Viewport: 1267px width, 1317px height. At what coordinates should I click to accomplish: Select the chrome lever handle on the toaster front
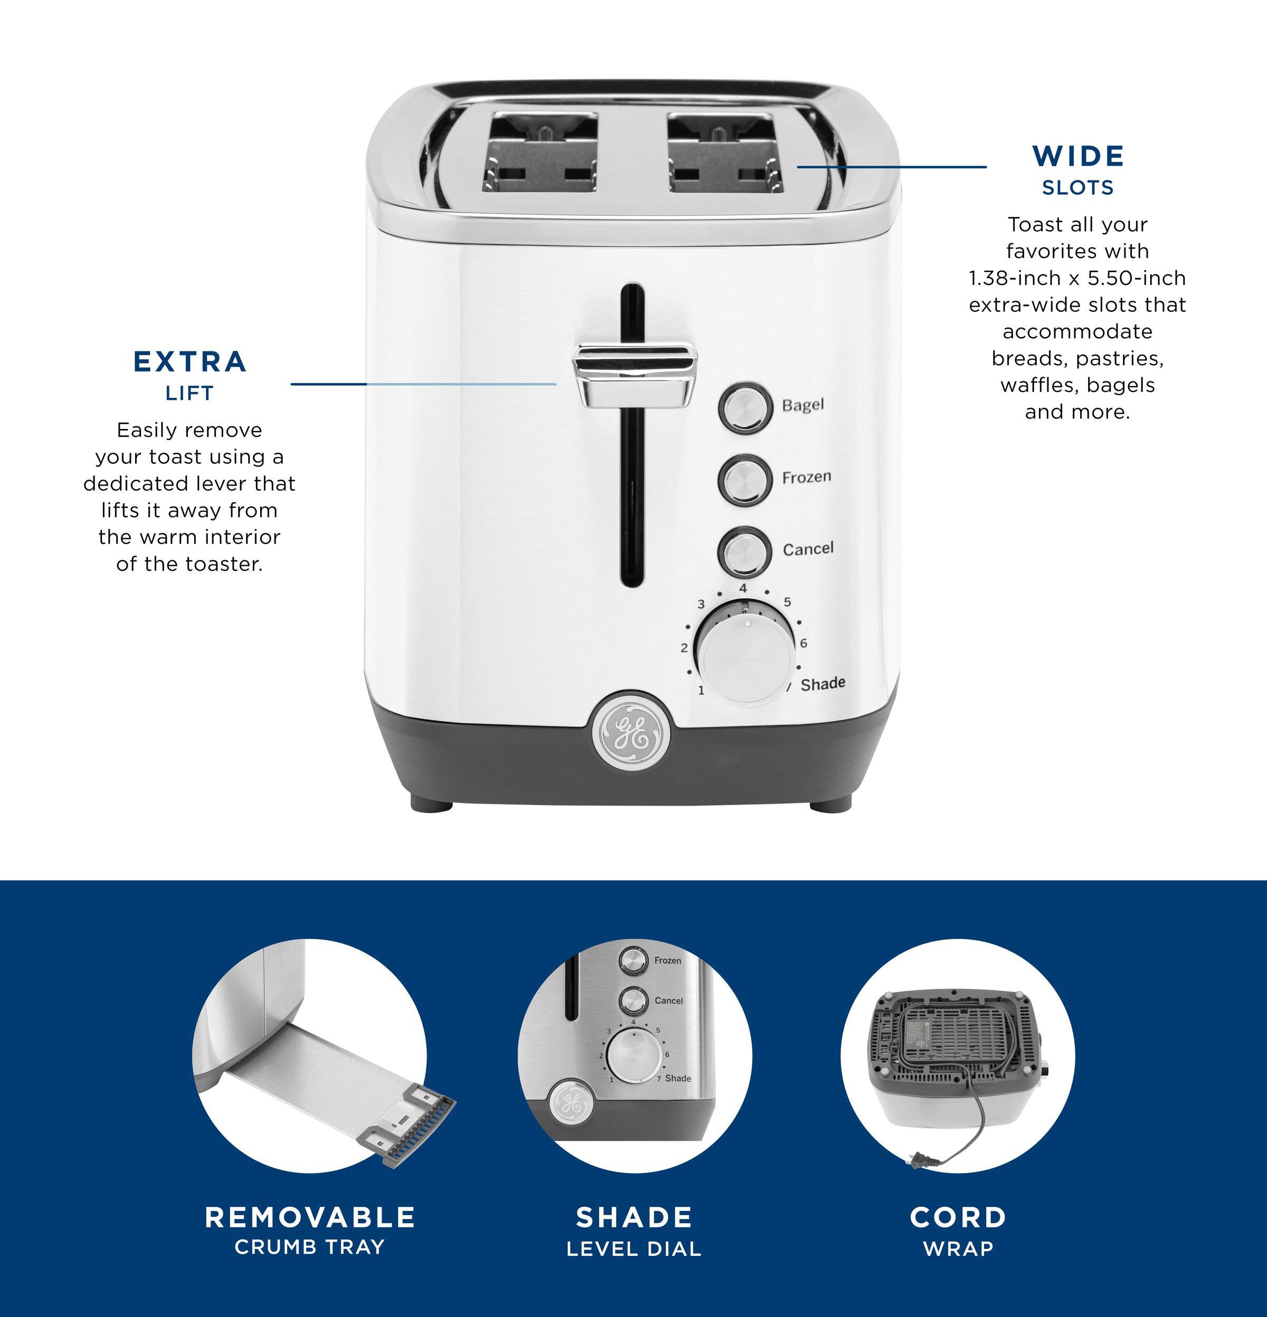(635, 375)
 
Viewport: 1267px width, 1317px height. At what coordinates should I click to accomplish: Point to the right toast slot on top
(724, 152)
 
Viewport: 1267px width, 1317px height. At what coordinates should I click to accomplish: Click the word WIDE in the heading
(1078, 157)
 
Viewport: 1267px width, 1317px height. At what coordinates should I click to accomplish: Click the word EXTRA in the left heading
(190, 362)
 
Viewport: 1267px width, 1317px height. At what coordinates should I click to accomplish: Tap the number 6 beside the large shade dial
(803, 643)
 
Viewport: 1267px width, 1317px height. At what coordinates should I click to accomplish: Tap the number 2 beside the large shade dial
(684, 648)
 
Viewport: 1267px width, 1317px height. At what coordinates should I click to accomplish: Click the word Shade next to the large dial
(822, 683)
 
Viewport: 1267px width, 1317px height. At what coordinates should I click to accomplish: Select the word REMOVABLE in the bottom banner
(310, 1218)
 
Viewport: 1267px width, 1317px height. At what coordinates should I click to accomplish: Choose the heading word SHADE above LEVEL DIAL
(634, 1218)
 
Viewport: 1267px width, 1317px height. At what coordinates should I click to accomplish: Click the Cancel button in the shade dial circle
(633, 1000)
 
